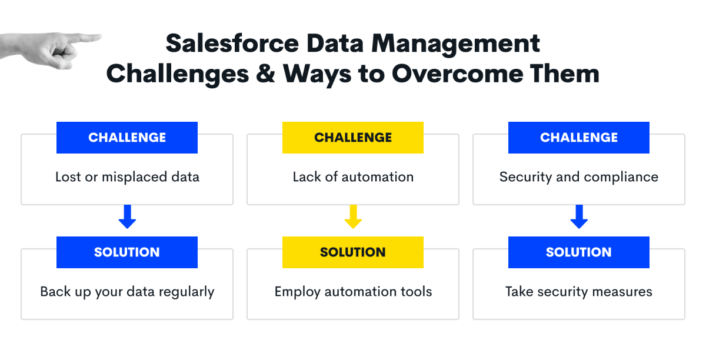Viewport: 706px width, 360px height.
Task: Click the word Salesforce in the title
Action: tap(232, 43)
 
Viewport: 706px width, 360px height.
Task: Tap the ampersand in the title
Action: tap(265, 74)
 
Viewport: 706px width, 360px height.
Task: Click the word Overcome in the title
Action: tap(457, 74)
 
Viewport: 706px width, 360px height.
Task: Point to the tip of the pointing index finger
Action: tap(101, 36)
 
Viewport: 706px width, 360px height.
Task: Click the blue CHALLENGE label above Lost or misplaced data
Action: tap(127, 138)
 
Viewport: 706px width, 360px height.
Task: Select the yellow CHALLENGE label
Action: tap(352, 138)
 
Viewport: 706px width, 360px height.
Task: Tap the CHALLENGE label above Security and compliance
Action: tap(579, 138)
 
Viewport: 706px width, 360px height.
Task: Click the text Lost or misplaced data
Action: tap(127, 177)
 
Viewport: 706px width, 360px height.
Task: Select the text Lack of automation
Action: tap(353, 177)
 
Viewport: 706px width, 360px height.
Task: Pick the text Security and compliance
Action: tap(579, 177)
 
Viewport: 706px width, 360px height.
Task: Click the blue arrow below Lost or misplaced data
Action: tap(127, 216)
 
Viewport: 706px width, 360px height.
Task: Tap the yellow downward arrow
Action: tap(353, 216)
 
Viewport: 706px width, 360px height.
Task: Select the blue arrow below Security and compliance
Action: tap(579, 216)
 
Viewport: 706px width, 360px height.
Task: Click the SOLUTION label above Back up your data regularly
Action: tap(127, 252)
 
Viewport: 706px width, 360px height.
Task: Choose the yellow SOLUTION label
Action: tap(352, 252)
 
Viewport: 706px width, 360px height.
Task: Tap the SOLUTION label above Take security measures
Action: tap(579, 252)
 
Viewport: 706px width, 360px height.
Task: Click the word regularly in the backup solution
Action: tap(187, 292)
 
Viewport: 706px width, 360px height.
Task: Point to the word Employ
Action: tap(298, 292)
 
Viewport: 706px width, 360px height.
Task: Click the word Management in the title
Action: tap(455, 44)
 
